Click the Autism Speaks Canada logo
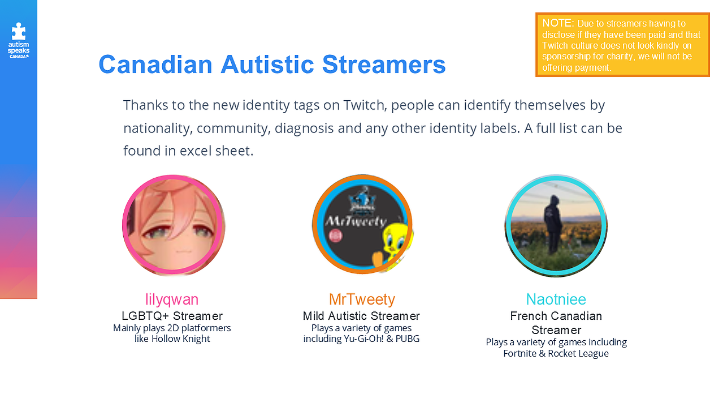[x=19, y=40]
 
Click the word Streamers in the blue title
[x=384, y=65]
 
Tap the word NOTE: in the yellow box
[x=558, y=23]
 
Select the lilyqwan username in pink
[x=172, y=299]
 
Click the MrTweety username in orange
[x=362, y=299]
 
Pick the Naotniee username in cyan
[x=556, y=299]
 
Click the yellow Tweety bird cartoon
[x=393, y=245]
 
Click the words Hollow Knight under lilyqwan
[x=181, y=339]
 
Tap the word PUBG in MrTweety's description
[x=408, y=339]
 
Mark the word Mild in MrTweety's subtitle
[x=313, y=316]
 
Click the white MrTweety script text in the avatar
[x=356, y=221]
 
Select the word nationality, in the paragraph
[x=158, y=128]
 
